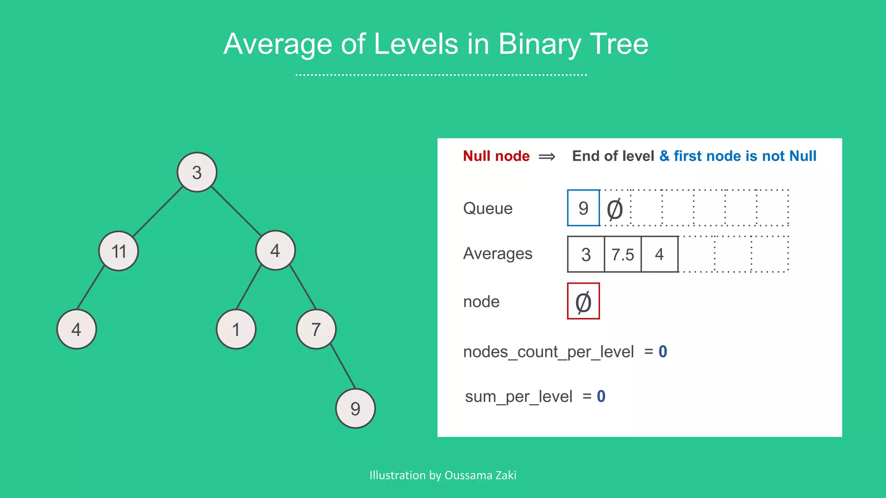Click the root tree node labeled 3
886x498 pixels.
point(197,172)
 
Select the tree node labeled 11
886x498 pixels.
point(119,251)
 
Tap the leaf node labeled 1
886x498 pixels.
point(236,329)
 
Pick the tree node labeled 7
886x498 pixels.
point(316,329)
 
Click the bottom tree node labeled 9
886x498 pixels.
point(355,408)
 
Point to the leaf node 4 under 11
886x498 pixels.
point(77,329)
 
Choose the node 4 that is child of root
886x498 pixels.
point(275,250)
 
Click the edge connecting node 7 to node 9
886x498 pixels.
point(343,367)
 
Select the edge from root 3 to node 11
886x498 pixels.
point(157,211)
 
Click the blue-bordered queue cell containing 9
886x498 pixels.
point(584,208)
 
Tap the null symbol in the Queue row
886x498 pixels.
point(615,209)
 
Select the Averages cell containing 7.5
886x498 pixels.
point(623,254)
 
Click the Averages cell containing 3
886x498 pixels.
point(586,254)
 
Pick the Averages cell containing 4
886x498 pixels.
point(659,254)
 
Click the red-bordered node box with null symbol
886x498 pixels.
point(583,301)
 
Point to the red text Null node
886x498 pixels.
point(496,156)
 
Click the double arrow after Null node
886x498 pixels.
point(547,156)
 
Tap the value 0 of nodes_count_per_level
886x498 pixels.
point(663,352)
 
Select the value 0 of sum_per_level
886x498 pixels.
point(601,396)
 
